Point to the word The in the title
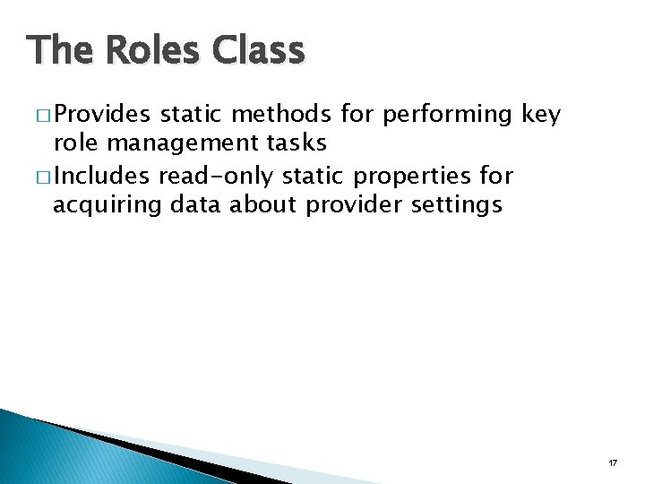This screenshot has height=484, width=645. click(58, 51)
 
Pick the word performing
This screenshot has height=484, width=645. click(445, 115)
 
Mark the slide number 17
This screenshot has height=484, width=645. click(613, 462)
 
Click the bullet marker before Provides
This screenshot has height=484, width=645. click(43, 115)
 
